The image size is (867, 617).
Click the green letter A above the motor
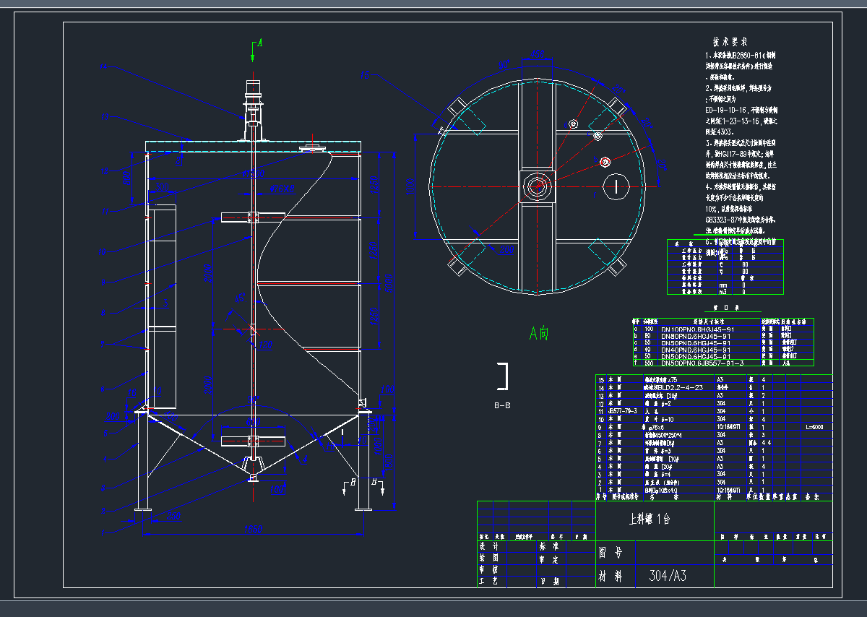click(259, 44)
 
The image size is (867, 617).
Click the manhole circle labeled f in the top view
click(616, 186)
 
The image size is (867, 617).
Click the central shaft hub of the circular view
click(536, 186)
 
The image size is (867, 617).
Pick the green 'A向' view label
click(539, 333)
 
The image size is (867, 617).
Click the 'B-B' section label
click(502, 405)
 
